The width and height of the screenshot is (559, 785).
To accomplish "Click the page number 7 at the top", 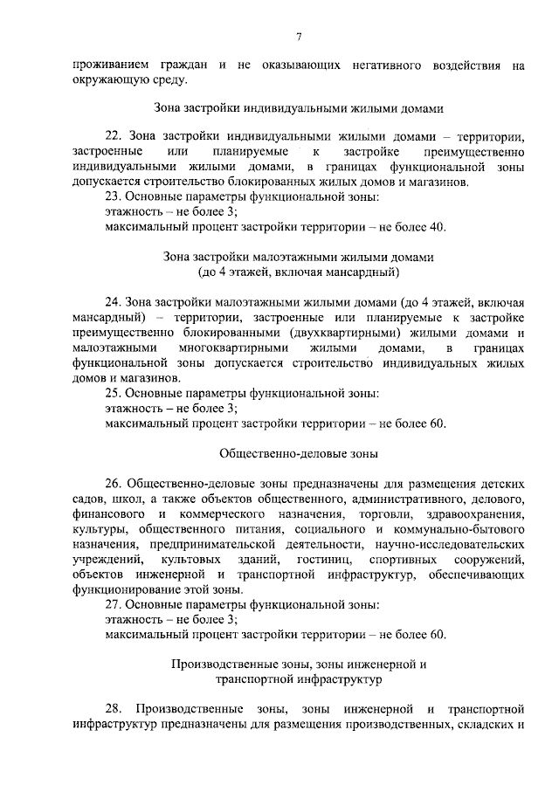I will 299,36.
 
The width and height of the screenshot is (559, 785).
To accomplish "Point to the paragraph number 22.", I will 113,137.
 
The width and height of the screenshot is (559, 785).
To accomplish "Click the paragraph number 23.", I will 113,196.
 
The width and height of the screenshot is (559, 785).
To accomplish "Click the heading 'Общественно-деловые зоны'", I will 299,453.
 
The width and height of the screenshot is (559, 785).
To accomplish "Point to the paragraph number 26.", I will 113,483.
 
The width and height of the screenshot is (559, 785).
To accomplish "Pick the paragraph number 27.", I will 113,604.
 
